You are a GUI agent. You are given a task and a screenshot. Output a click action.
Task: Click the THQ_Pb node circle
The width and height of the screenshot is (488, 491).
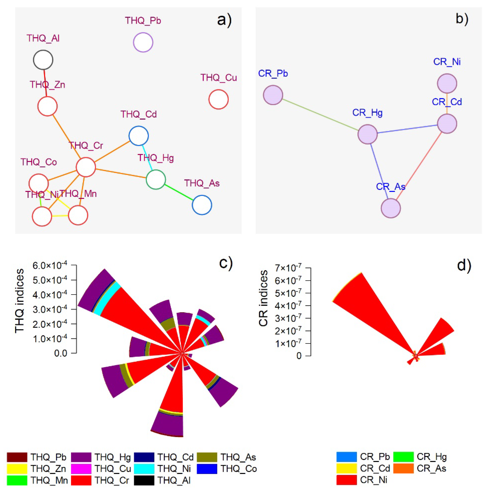click(x=143, y=42)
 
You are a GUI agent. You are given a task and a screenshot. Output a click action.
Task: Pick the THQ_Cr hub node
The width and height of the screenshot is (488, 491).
click(x=86, y=167)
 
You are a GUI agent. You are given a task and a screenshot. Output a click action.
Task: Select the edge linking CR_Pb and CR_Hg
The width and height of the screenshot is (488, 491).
click(x=320, y=114)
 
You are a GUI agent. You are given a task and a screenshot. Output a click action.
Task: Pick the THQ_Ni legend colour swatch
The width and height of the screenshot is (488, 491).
click(x=144, y=469)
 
